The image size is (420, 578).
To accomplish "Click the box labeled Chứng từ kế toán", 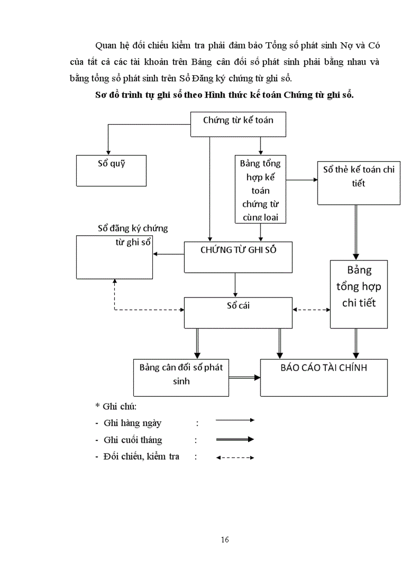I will tap(238, 125).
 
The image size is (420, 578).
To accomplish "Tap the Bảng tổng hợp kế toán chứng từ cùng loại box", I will tap(260, 190).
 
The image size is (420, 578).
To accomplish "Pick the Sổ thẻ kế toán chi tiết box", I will tap(359, 182).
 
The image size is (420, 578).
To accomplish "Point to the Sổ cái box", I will tap(238, 312).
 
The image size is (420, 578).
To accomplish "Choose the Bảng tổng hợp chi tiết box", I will tap(359, 294).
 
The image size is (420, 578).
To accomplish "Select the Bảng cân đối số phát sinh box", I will tap(181, 378).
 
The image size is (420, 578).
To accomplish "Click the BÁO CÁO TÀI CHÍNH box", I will tap(324, 377).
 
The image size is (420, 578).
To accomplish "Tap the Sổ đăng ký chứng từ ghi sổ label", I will tap(133, 235).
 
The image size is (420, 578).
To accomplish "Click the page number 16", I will tap(224, 539).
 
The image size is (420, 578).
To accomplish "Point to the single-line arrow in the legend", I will tap(235, 420).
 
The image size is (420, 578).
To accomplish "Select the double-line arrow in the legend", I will tap(235, 439).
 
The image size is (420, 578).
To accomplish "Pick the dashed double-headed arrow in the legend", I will tap(235, 457).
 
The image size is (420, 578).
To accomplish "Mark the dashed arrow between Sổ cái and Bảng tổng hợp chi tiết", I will tap(311, 310).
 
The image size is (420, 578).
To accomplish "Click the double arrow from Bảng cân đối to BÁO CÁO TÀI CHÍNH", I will tap(244, 378).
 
